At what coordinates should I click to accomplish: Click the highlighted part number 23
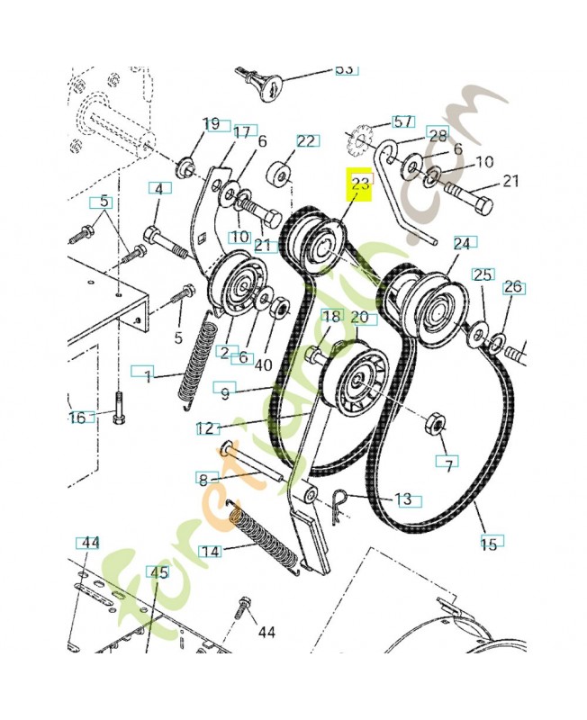tap(359, 184)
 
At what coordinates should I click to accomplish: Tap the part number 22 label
tap(305, 141)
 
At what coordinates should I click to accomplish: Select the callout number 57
tap(402, 121)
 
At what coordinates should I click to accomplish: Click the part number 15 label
tap(489, 544)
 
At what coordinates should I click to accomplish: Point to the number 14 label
tap(210, 551)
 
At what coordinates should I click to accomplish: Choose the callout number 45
tap(158, 572)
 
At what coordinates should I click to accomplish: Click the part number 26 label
tap(513, 287)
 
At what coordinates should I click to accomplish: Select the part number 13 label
tap(403, 499)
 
